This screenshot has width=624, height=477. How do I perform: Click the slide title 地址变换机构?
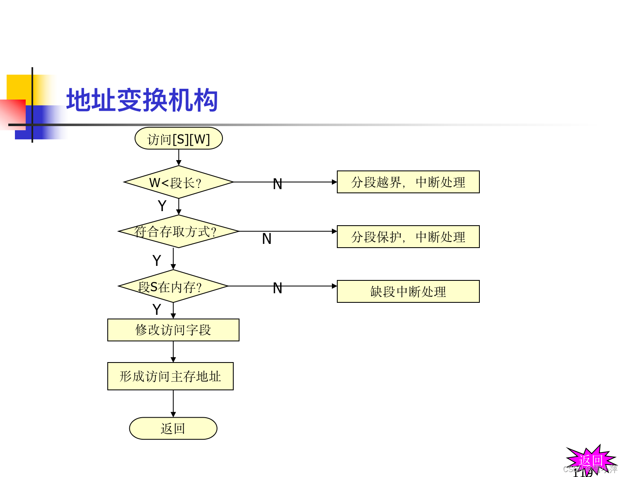(x=142, y=100)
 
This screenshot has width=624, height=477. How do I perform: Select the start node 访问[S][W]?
(x=179, y=139)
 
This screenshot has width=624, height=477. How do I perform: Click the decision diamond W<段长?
(x=179, y=182)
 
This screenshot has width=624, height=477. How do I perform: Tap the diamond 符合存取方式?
(x=179, y=231)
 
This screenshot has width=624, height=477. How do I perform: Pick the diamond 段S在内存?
(x=173, y=286)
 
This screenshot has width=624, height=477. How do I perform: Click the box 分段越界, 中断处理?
(x=408, y=182)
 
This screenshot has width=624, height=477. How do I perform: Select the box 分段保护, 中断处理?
(x=408, y=237)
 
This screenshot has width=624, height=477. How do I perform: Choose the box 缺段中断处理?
(x=408, y=292)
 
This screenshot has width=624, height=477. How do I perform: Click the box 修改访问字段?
(x=173, y=330)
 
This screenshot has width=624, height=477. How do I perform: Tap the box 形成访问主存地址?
(x=170, y=376)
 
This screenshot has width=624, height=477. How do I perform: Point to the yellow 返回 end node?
(x=173, y=428)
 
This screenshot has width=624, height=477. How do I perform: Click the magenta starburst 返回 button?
(x=591, y=460)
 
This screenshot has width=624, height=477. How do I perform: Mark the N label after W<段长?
(x=278, y=184)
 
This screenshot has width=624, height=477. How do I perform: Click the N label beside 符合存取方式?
(x=267, y=239)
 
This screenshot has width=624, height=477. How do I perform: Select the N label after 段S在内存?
(x=278, y=288)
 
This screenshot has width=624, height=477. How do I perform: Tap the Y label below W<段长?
(x=162, y=206)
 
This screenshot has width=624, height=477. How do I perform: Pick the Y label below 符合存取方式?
(x=157, y=261)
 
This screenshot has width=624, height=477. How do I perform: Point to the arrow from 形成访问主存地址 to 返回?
(x=173, y=404)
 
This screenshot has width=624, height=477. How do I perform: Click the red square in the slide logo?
(x=12, y=114)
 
